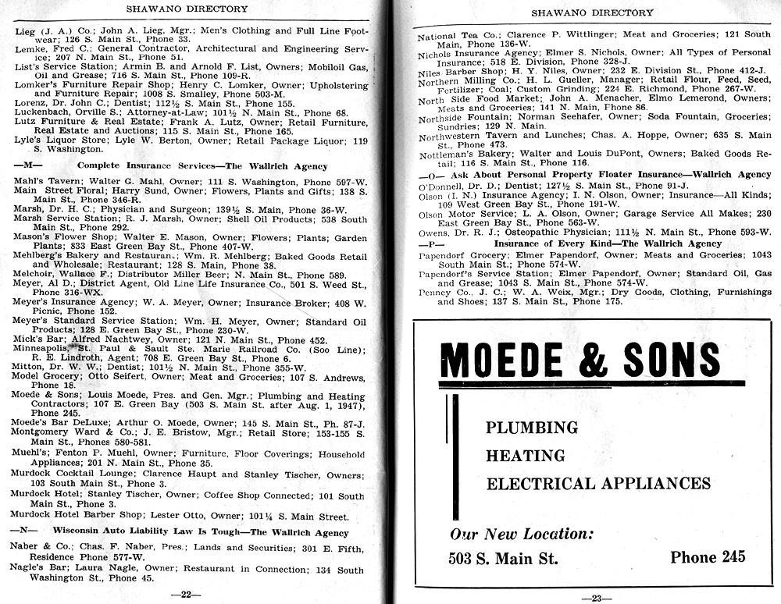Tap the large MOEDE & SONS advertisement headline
pos(580,360)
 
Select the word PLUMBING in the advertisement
pos(531,428)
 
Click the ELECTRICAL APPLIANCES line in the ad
pos(598,484)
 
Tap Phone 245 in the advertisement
pos(708,557)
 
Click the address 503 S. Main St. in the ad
pos(502,558)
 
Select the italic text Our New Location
pos(522,535)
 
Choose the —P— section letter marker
pos(428,244)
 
